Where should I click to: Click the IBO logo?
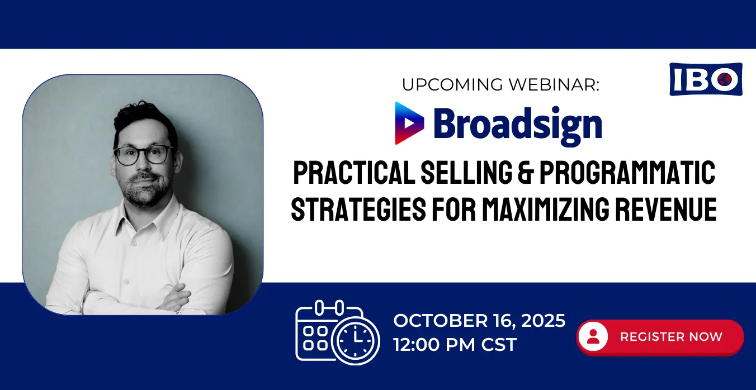706,79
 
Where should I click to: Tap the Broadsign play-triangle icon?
409,123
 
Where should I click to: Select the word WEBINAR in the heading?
554,84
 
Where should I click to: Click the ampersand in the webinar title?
526,172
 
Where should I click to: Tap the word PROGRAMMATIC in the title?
627,172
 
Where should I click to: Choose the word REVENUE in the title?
666,209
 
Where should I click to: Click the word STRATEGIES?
358,209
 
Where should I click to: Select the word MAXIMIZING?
545,209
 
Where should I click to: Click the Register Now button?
660,337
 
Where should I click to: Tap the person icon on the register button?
593,337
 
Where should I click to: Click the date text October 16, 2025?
479,321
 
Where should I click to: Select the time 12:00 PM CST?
455,344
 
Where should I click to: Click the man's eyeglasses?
144,155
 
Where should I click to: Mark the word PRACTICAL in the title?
354,172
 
